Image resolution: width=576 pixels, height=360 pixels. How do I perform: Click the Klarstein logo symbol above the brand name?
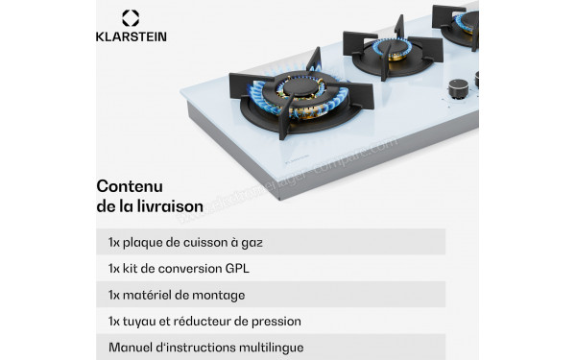point(132,17)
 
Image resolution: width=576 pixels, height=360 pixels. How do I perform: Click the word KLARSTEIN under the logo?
point(132,36)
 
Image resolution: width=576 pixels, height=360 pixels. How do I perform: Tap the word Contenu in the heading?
point(130,185)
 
